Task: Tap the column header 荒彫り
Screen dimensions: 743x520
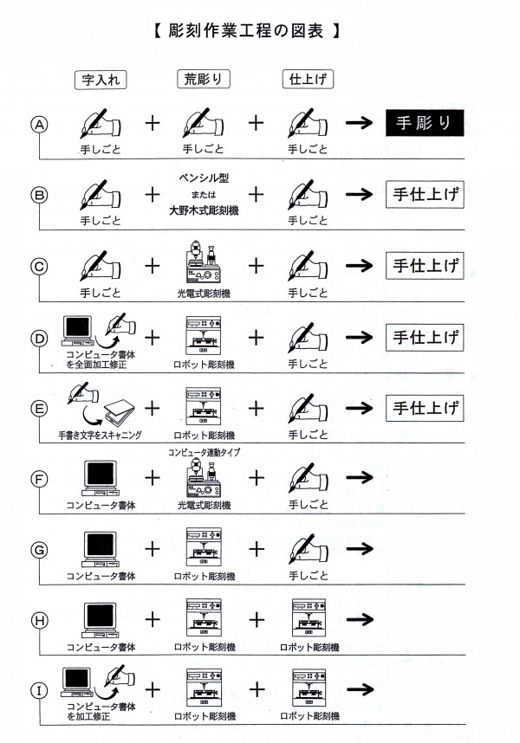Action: [x=205, y=80]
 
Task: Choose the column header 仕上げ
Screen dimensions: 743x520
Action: [x=308, y=80]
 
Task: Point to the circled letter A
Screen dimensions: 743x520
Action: [x=38, y=125]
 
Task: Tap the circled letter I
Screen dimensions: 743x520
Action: [x=38, y=690]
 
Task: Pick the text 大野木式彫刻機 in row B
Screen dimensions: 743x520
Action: [x=205, y=210]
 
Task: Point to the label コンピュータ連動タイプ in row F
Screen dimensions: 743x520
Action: [x=205, y=452]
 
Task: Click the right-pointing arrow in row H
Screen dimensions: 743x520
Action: [x=359, y=618]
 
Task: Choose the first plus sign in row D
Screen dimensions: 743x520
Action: [x=153, y=335]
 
